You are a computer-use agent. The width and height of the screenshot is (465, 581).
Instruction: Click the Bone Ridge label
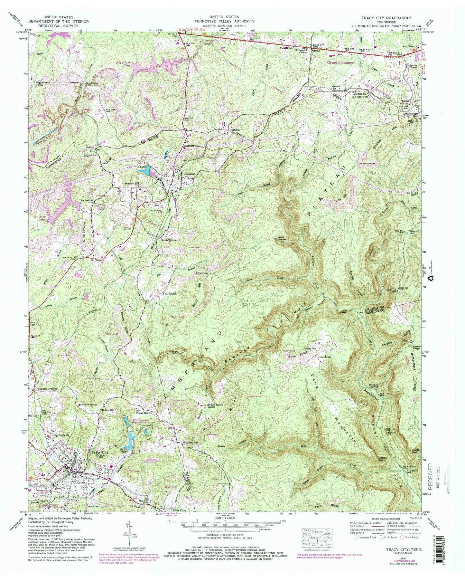(x=297, y=356)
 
